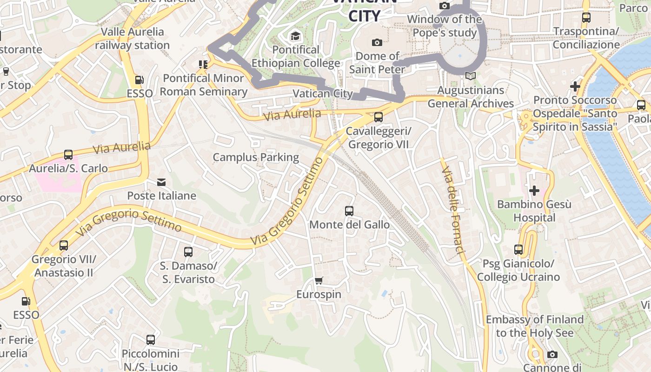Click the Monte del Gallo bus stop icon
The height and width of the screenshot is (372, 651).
pos(349,211)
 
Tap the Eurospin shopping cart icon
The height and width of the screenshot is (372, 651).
pos(319,280)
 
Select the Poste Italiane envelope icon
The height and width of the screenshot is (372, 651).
pos(161,182)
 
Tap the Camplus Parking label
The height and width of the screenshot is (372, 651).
pos(256,157)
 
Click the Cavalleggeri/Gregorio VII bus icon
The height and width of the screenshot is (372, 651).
pos(379,117)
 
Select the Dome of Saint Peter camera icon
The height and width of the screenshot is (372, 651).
pos(377,42)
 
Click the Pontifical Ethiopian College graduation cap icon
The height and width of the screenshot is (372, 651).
pos(295,36)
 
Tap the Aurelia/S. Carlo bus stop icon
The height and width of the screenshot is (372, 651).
pos(68,155)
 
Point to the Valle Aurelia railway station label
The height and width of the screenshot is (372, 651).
pos(133,39)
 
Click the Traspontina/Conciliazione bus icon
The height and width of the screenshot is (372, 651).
pos(586,18)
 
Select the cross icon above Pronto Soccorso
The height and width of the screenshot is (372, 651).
pos(575,86)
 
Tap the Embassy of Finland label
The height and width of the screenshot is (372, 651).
pos(534,326)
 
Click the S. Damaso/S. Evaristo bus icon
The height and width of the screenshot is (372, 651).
pos(188,252)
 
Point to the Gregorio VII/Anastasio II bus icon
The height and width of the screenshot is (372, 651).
pos(64,245)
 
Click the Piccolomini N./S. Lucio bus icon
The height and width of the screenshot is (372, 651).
pos(151,340)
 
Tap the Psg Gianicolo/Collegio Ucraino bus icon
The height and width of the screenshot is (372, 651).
pos(518,250)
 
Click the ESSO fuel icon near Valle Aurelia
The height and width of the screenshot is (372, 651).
pos(139,80)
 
